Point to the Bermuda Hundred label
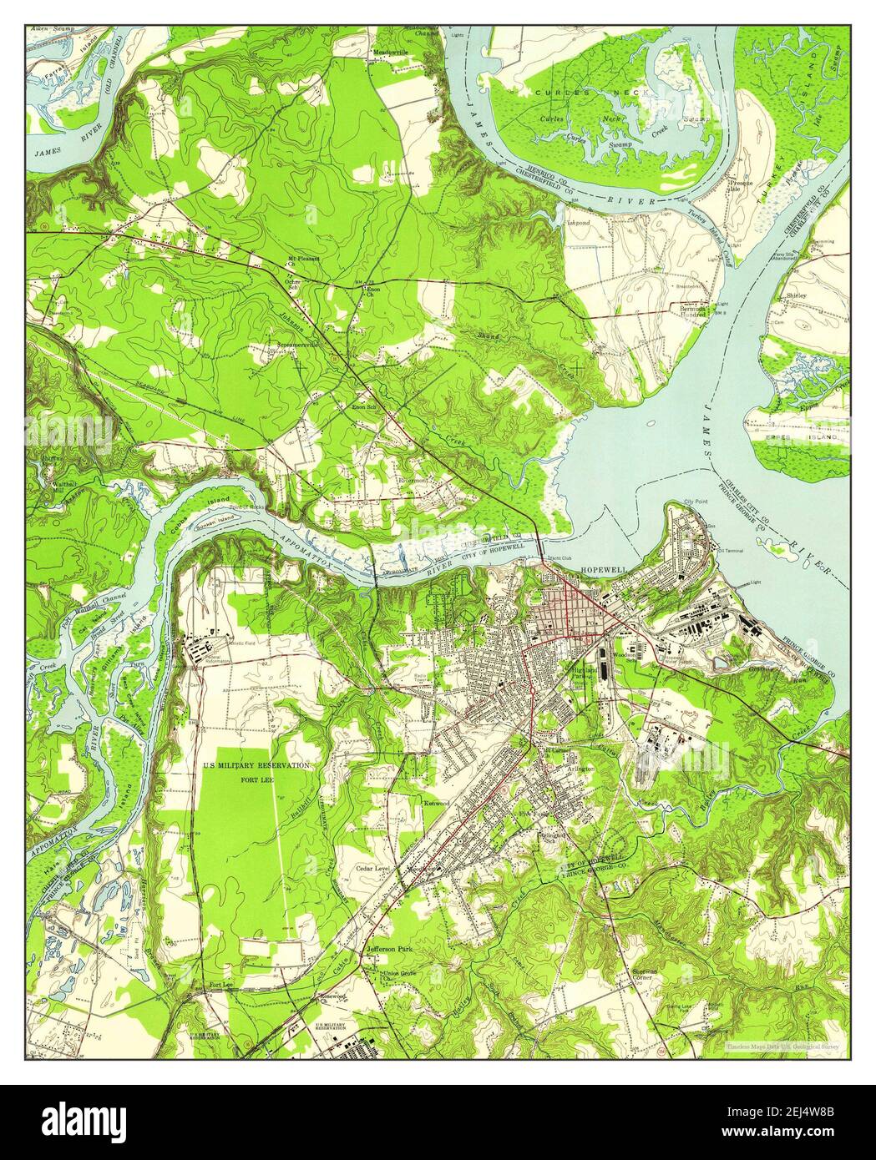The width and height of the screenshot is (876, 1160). (692, 310)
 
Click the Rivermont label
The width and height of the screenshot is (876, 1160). (412, 480)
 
